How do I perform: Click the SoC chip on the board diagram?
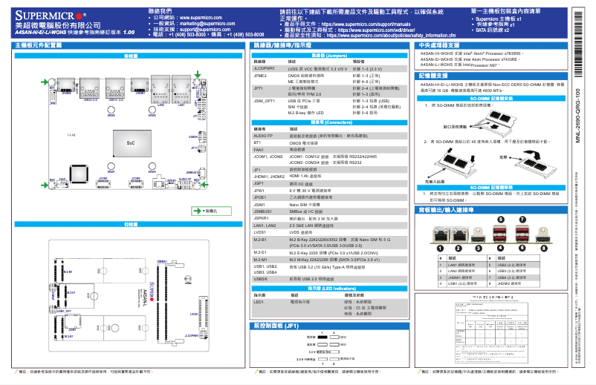pyautogui.click(x=130, y=142)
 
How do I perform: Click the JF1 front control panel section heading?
pyautogui.click(x=276, y=326)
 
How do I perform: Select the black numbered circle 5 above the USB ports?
pyautogui.click(x=500, y=220)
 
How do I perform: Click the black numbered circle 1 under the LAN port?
pyautogui.click(x=441, y=249)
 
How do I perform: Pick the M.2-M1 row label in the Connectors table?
pyautogui.click(x=261, y=260)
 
